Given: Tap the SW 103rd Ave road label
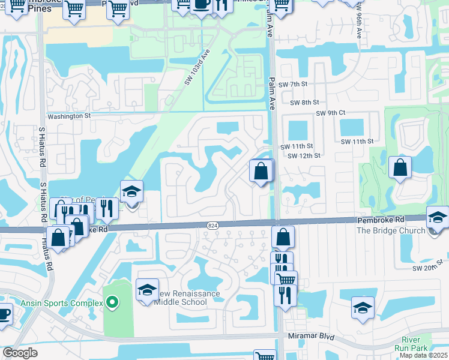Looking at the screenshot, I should (x=199, y=67).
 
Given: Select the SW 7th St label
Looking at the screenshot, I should (x=292, y=84).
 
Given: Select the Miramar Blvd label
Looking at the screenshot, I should (x=311, y=337).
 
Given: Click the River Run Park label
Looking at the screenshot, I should (x=411, y=344).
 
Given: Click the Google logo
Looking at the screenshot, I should (x=20, y=352).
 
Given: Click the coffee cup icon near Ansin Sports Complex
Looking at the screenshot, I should (x=4, y=314).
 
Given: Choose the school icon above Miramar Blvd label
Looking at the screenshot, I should (x=363, y=308).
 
